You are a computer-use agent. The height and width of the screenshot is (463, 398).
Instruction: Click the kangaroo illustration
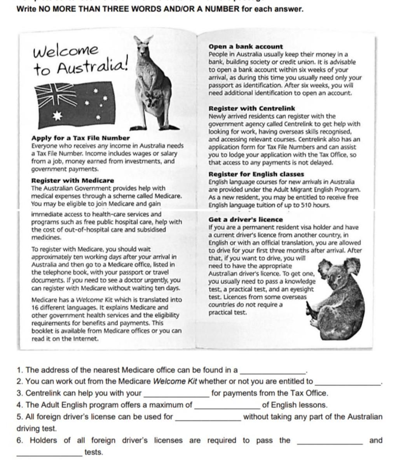(153, 85)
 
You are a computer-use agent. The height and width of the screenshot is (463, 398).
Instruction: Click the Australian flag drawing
(76, 105)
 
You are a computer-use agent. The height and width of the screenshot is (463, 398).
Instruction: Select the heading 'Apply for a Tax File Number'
(80, 138)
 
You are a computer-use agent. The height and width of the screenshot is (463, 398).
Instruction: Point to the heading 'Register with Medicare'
(73, 180)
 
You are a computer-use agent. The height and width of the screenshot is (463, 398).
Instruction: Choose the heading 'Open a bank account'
(246, 47)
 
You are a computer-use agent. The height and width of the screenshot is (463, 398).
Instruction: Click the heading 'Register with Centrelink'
(251, 109)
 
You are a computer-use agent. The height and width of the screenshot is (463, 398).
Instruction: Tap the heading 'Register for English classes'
(256, 174)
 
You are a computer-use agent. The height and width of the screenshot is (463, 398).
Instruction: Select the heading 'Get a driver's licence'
(246, 220)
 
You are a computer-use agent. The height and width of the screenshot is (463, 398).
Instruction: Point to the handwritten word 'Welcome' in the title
(66, 50)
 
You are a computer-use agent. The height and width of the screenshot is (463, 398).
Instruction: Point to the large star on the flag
(58, 115)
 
